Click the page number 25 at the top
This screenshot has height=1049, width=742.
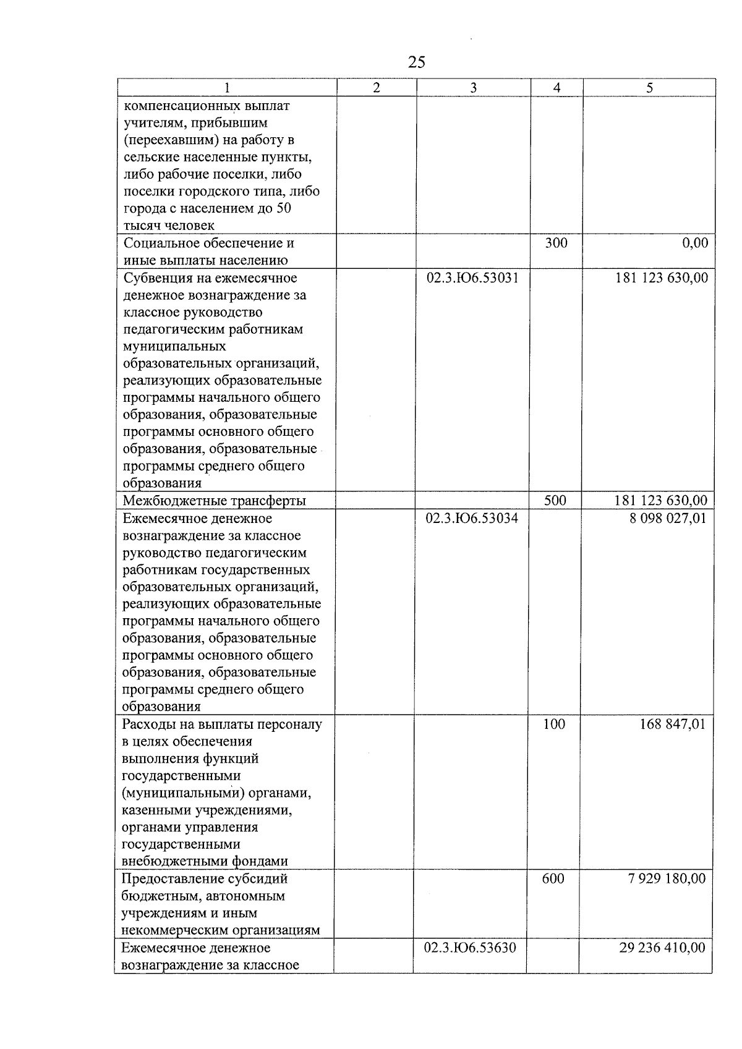[417, 62]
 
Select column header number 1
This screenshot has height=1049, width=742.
[227, 88]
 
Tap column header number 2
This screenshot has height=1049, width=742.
[377, 88]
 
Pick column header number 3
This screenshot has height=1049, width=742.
[473, 88]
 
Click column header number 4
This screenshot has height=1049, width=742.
[556, 88]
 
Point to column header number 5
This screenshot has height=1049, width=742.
[649, 88]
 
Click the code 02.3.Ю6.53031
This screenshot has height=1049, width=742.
[473, 278]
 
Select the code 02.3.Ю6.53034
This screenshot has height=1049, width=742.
[472, 518]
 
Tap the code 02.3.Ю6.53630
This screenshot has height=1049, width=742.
[471, 948]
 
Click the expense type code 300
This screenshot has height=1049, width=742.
[556, 243]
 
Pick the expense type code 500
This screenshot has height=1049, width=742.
[555, 501]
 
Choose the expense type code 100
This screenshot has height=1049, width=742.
[554, 724]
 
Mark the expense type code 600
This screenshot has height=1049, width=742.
[553, 878]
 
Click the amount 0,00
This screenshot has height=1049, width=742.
[695, 243]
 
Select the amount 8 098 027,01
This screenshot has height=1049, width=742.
[667, 518]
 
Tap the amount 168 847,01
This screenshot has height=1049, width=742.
[672, 724]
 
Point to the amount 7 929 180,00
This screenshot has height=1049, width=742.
[667, 878]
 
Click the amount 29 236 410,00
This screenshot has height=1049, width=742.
[662, 948]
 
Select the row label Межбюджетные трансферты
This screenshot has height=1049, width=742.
[215, 501]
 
